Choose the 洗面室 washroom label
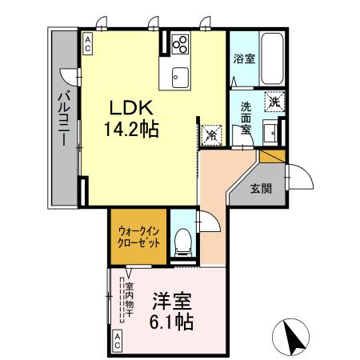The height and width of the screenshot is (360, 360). tap(246, 118)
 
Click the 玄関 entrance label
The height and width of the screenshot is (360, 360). tap(260, 189)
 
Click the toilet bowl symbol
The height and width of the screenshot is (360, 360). tap(182, 240)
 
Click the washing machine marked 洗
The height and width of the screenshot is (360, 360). tap(275, 102)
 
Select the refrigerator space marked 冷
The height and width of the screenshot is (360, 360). tap(211, 135)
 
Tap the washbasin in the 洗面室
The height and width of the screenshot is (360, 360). tap(272, 131)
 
